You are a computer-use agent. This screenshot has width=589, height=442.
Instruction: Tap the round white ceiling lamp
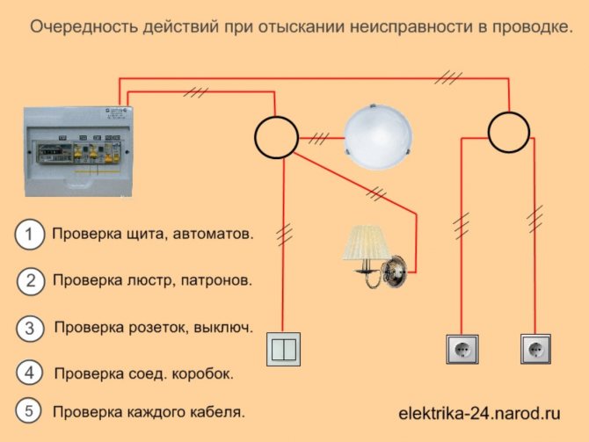click(x=375, y=135)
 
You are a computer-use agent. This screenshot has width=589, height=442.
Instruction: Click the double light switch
click(x=283, y=349)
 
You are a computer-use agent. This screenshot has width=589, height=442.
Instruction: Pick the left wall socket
click(x=460, y=348)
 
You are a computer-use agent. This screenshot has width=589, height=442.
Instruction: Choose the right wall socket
click(x=535, y=348)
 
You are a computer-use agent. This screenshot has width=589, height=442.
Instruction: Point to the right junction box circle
click(x=510, y=133)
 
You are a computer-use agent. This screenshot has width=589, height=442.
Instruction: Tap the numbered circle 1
click(x=29, y=235)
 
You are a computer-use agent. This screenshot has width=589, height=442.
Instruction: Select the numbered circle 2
click(x=30, y=281)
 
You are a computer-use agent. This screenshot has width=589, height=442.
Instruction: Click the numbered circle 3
click(x=30, y=328)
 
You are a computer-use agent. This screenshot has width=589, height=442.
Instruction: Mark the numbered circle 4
click(x=30, y=373)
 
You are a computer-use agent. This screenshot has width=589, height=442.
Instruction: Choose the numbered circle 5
click(x=29, y=410)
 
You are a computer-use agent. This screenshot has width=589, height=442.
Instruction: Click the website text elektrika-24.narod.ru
click(x=479, y=411)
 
